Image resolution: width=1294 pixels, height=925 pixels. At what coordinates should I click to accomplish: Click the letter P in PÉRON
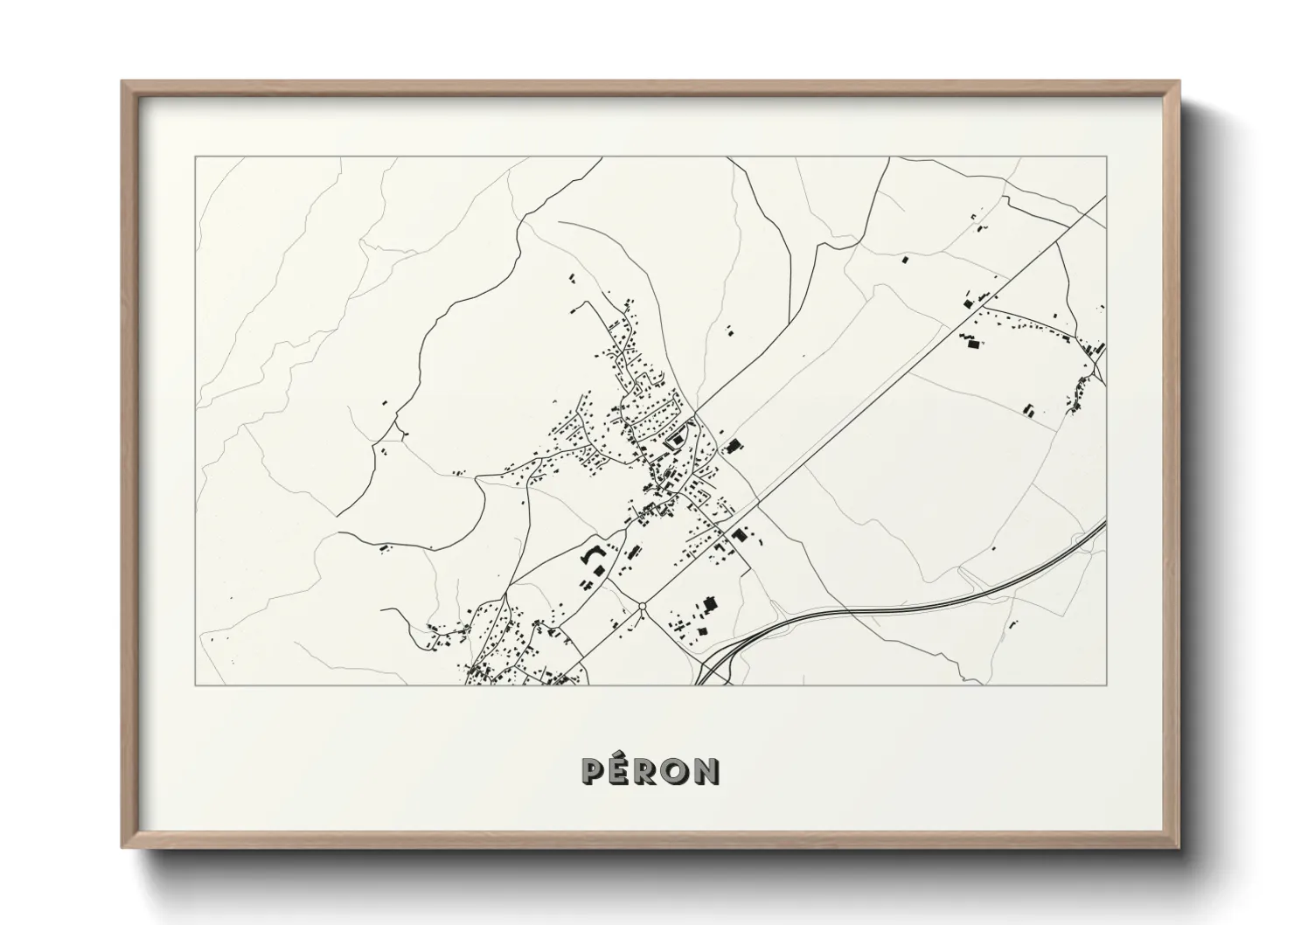pos(592,771)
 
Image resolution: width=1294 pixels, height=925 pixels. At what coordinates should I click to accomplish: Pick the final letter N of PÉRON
pos(707,771)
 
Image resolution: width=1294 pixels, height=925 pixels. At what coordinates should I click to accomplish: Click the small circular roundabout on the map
pos(643,606)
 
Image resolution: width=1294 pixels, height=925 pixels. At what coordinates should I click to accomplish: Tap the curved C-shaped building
pos(590,554)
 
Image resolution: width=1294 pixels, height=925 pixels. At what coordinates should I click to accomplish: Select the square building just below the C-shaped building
pos(599,570)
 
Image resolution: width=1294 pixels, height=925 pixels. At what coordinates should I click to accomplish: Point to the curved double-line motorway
pos(909,602)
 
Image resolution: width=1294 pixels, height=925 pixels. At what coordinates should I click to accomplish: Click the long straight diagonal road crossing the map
pos(874,393)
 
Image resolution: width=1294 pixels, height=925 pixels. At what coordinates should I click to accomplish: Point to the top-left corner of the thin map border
pos(195,157)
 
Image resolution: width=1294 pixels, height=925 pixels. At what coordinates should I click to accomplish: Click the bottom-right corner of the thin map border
pos(1107,685)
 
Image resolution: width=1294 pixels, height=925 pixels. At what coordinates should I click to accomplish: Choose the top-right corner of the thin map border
pos(1107,157)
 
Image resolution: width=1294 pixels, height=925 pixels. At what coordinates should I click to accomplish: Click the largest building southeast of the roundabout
pos(710,603)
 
